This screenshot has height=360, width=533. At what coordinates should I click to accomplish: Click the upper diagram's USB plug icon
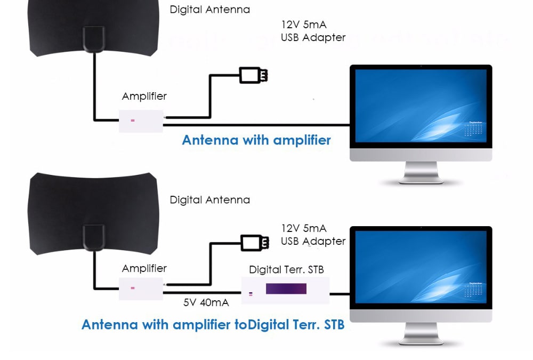pos(253,75)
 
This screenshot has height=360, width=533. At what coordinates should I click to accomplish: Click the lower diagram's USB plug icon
pos(253,242)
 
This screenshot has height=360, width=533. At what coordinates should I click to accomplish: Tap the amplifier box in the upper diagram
pos(141,121)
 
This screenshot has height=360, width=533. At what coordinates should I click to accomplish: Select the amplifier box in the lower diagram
pos(141,289)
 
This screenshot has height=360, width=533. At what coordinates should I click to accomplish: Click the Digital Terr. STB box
pos(285,290)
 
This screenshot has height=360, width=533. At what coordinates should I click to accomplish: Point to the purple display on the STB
pos(286,289)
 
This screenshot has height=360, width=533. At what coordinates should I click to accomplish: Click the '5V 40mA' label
pos(206,302)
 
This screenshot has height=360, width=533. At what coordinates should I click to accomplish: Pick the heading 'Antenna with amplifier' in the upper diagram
pos(256,140)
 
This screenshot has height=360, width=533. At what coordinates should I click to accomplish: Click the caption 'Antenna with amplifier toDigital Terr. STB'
pos(213,324)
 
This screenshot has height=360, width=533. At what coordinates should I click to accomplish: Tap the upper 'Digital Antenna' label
pos(209,10)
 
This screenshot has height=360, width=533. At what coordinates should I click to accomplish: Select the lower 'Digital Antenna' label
pos(209,200)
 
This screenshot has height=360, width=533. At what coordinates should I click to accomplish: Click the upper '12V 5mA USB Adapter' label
pos(313,31)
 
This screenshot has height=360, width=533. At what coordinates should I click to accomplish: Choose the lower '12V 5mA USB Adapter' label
pos(313,235)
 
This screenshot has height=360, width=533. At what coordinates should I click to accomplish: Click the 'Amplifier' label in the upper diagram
pos(144,97)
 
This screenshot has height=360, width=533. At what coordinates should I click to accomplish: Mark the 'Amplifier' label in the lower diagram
pos(144,268)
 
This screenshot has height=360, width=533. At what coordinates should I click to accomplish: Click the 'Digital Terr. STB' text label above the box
pos(286,269)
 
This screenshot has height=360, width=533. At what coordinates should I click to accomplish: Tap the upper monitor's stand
pos(421,173)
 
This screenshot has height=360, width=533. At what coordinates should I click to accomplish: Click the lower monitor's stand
pos(421,334)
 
